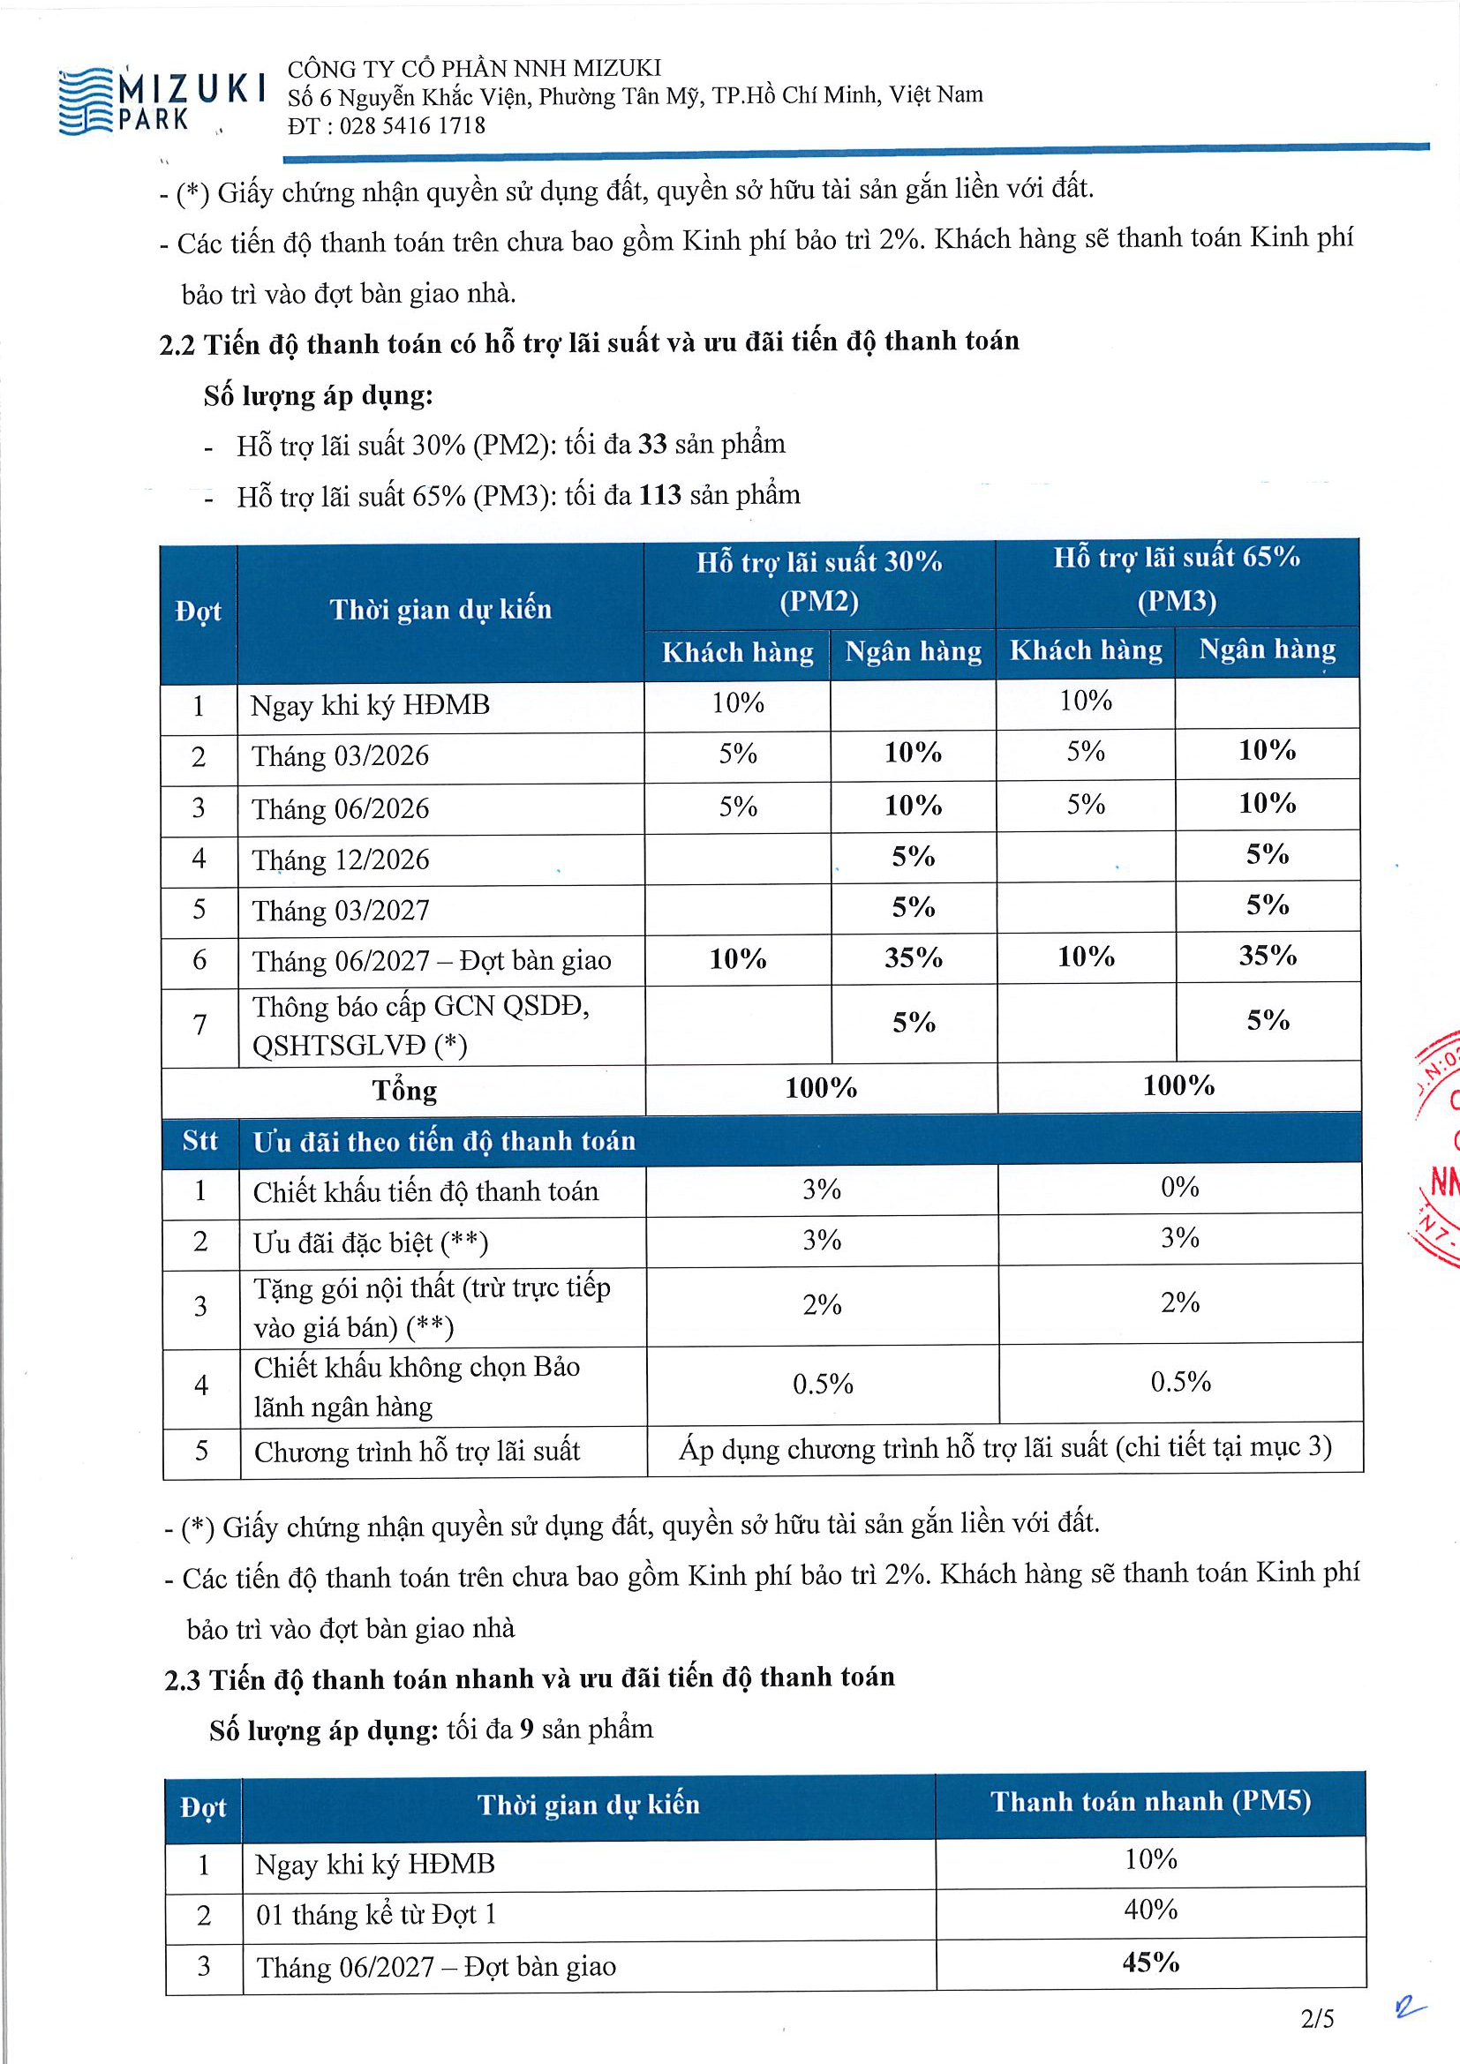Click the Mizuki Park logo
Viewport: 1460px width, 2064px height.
(x=162, y=101)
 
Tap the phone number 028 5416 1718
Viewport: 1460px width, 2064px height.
(x=412, y=125)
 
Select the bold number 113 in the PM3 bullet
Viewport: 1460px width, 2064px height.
(x=660, y=494)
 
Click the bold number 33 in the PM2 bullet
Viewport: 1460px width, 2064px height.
(x=652, y=443)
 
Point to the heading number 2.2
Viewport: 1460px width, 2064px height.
(x=177, y=345)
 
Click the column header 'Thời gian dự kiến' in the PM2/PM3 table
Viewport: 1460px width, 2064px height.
(x=440, y=610)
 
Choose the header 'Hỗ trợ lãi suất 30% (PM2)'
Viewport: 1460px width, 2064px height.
(x=819, y=581)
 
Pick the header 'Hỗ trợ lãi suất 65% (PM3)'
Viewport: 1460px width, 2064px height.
(x=1177, y=578)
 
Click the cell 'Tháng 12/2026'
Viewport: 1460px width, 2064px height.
(x=341, y=859)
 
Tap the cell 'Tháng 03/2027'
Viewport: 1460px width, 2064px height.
(x=341, y=911)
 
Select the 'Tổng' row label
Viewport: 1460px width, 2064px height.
(x=404, y=1091)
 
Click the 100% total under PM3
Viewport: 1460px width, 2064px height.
(x=1178, y=1086)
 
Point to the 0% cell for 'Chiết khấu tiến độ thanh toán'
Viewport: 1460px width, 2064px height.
(x=1179, y=1188)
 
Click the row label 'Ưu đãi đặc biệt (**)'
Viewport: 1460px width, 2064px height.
(x=371, y=1242)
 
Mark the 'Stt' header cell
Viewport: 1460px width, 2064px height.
(x=199, y=1141)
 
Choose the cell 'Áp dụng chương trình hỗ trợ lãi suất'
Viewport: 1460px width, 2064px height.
(x=1005, y=1447)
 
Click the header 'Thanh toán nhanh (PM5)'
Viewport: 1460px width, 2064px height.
(x=1151, y=1802)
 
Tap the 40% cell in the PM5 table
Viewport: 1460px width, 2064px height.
(x=1151, y=1910)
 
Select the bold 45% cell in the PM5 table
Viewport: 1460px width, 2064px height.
(x=1151, y=1962)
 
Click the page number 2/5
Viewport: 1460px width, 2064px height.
(x=1317, y=2019)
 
